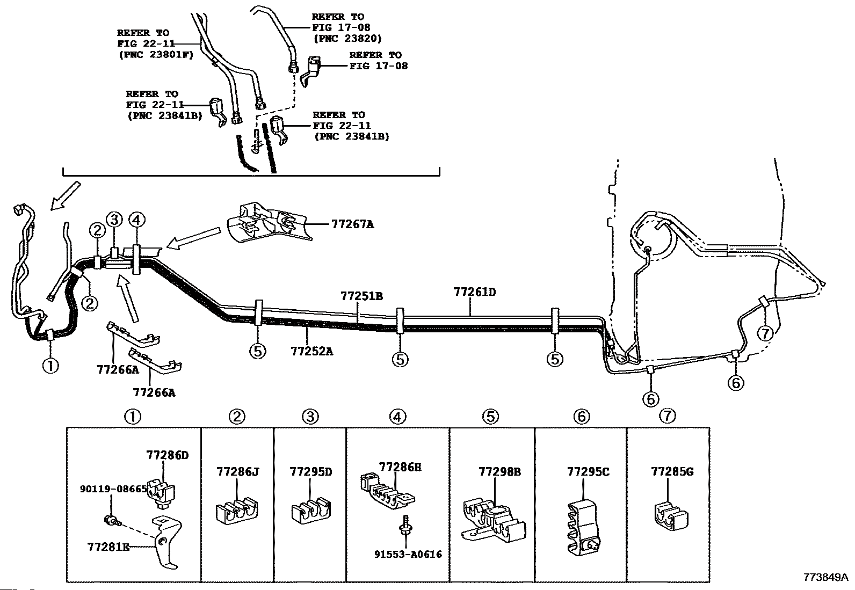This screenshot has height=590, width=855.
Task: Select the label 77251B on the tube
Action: (x=361, y=296)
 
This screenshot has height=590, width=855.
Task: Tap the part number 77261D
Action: (x=474, y=293)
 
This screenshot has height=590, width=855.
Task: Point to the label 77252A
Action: (x=311, y=351)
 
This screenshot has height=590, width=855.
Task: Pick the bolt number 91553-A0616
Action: (x=408, y=555)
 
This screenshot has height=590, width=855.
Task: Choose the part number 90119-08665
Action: (x=113, y=489)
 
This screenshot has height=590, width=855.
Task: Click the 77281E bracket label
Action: (x=108, y=547)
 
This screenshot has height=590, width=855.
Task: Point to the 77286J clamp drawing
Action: (x=236, y=512)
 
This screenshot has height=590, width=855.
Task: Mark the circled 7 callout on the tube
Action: (x=764, y=333)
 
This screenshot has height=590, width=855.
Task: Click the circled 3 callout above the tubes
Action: (x=114, y=219)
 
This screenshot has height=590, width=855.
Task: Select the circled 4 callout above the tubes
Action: (x=136, y=219)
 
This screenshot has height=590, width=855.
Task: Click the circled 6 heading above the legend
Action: (x=581, y=416)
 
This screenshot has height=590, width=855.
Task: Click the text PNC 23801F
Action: (x=155, y=54)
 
